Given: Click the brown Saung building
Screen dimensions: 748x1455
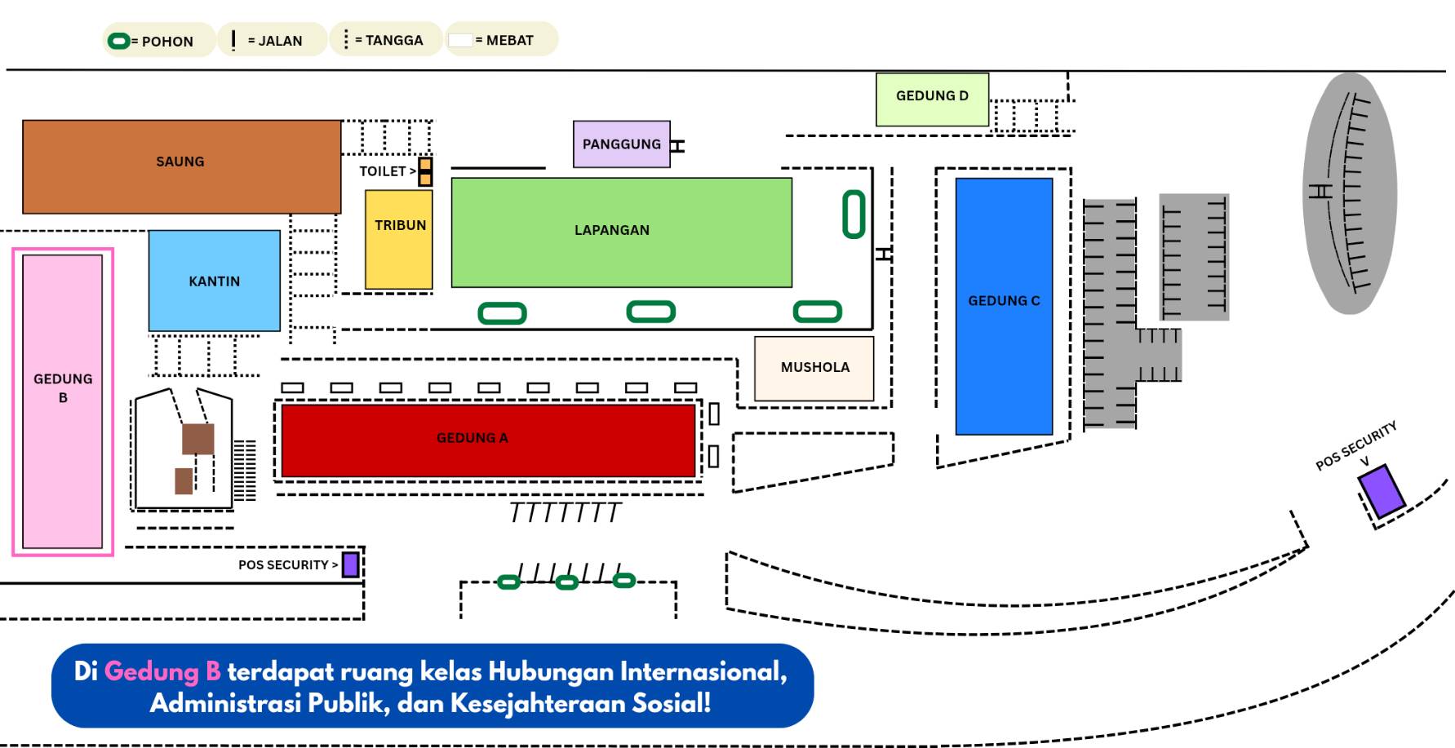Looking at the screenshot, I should pos(181,166).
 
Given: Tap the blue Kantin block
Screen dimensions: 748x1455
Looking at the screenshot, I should pos(214,281).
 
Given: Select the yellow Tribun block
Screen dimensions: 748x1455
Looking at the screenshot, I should pos(399,239).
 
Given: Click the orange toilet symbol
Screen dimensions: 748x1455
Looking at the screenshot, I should pos(425,171).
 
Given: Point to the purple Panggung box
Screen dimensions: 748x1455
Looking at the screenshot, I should pos(621,144).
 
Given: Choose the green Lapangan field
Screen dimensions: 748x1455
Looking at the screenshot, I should pos(621,232).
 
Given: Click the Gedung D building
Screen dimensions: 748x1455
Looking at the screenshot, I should pos(932,100).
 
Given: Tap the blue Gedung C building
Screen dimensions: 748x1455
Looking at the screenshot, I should pos(1004,306).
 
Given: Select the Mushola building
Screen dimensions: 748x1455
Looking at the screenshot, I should pos(814,368).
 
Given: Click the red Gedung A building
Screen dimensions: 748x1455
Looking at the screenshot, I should pos(488,440).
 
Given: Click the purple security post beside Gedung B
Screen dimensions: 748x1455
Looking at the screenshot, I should pos(351,564).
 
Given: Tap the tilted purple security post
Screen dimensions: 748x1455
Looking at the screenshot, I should pos(1382,490).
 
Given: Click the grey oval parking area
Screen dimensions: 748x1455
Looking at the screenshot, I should pos(1350,193).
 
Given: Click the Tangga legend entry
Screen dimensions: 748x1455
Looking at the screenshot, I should pos(385,40).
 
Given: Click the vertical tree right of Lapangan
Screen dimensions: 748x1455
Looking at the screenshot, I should pos(854,214).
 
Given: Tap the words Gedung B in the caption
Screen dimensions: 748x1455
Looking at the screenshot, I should pos(162,671).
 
